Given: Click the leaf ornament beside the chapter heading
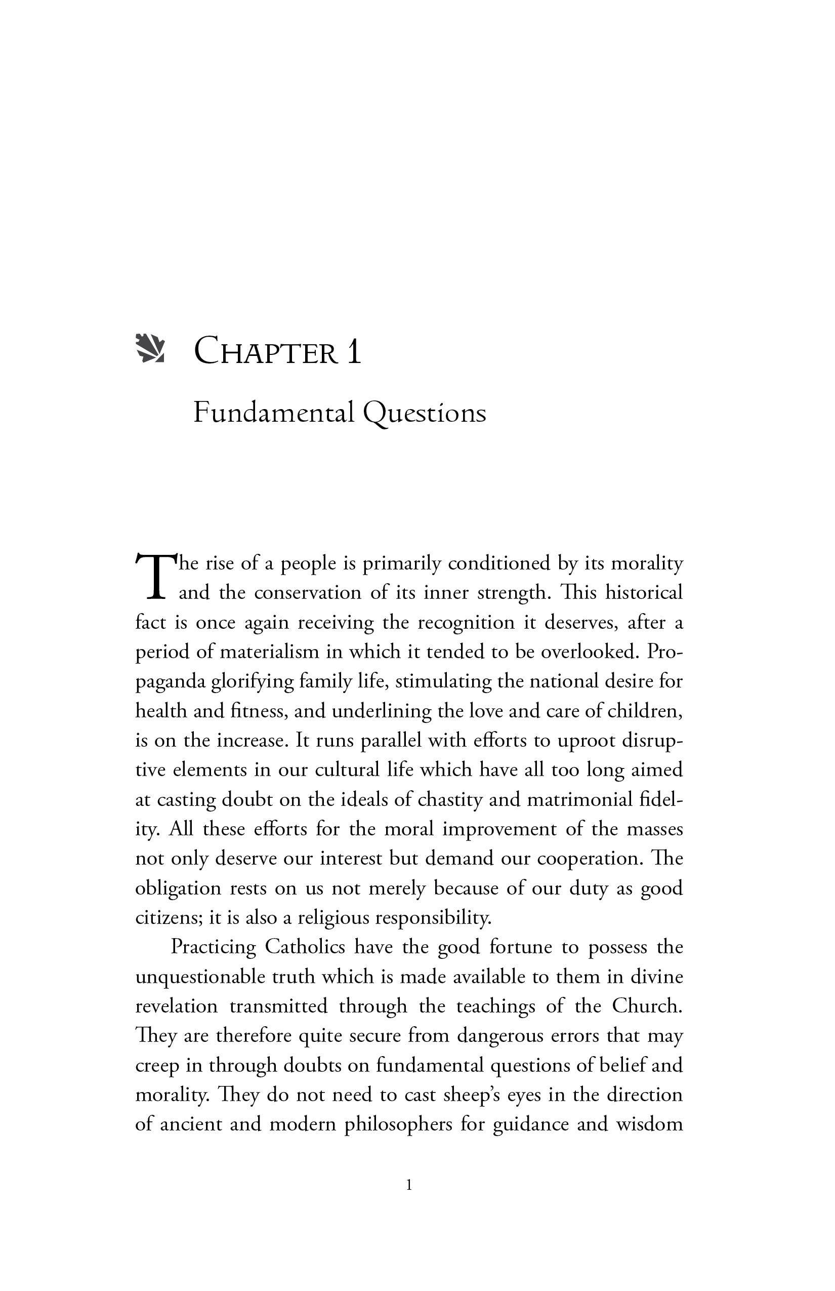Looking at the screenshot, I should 150,349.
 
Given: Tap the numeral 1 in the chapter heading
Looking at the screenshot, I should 354,351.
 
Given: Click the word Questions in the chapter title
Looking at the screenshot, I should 424,414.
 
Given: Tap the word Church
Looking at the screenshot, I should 646,1006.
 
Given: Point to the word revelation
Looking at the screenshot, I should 176,1006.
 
